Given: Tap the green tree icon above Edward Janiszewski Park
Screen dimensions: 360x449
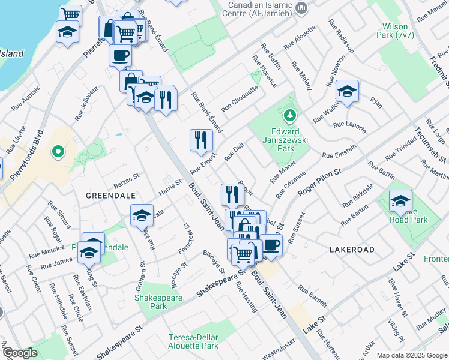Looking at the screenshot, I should pyautogui.click(x=289, y=114).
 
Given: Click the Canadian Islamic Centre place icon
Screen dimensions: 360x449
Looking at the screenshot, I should pyautogui.click(x=302, y=8).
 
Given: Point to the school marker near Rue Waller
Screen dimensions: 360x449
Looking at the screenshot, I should pyautogui.click(x=347, y=92).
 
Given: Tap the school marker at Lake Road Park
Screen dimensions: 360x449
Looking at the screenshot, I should pyautogui.click(x=400, y=202).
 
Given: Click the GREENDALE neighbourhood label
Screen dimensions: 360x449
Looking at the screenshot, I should pyautogui.click(x=108, y=196).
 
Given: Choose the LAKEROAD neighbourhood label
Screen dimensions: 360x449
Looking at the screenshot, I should pyautogui.click(x=351, y=249).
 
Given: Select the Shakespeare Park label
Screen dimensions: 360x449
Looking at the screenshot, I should pyautogui.click(x=150, y=302).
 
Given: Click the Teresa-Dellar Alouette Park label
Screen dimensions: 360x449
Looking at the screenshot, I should pyautogui.click(x=193, y=341).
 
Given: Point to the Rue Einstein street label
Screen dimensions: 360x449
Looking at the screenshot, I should pyautogui.click(x=339, y=151).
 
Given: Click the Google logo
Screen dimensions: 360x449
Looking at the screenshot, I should pyautogui.click(x=20, y=353).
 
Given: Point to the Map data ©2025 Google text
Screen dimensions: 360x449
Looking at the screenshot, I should pyautogui.click(x=412, y=355).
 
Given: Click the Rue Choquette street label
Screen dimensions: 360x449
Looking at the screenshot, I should pyautogui.click(x=240, y=98).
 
